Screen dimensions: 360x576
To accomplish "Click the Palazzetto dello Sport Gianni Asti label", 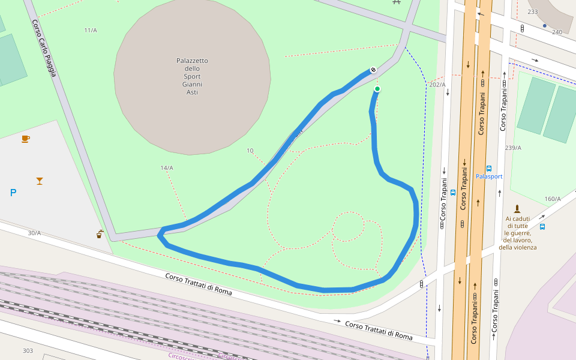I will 192,76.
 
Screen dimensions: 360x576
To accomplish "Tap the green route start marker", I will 377,89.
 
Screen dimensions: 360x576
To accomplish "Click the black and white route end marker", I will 373,70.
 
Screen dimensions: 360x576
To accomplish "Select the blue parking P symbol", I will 13,193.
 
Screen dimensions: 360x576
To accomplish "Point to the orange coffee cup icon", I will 25,139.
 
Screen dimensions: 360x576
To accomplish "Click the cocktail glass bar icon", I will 40,180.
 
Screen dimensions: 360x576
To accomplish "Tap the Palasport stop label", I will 489,176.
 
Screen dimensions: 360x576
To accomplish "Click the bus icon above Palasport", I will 489,169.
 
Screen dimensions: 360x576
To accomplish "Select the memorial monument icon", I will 517,209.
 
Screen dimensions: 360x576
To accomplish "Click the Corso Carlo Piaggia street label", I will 44,49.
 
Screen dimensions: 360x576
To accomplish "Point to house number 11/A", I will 91,30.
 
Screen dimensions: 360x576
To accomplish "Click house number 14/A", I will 167,167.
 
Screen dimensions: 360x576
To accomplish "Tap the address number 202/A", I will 437,85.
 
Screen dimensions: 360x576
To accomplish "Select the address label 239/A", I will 513,148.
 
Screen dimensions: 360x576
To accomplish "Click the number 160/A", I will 552,199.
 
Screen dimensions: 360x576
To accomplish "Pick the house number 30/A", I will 34,233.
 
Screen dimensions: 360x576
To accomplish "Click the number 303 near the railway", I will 28,350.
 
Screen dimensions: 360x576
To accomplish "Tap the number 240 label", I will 557,32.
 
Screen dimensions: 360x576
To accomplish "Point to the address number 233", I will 533,12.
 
